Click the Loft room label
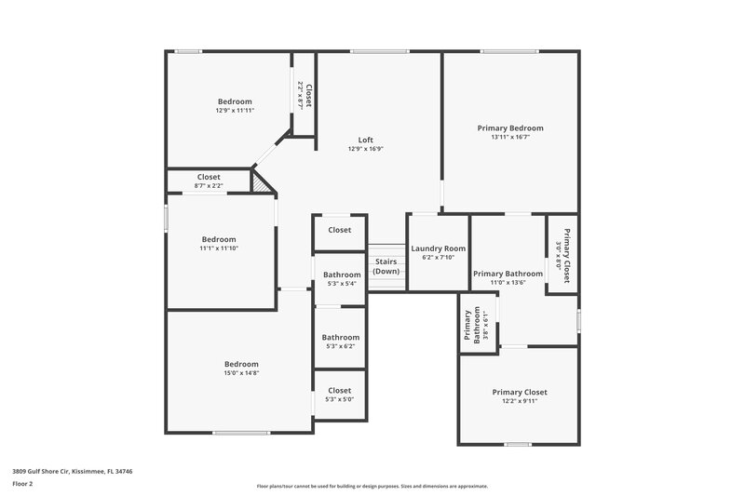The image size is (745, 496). coord(366,140)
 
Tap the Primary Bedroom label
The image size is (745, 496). coord(510,127)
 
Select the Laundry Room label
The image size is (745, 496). coord(438,248)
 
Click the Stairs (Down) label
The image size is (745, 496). coord(386,266)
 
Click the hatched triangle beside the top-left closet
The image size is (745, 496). coord(266,184)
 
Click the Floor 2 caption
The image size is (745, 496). coord(22,484)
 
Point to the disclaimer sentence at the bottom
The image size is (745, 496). coord(372,486)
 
